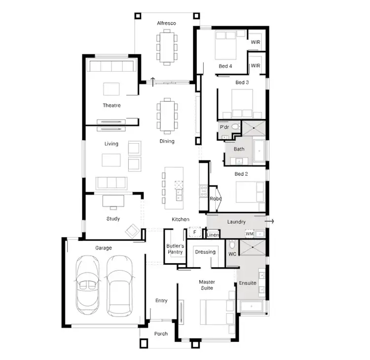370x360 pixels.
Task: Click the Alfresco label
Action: (166, 23)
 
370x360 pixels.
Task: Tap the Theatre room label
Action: (111, 105)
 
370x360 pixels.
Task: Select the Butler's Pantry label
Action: (175, 249)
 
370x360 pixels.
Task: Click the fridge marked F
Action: (195, 232)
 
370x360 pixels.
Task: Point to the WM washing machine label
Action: (249, 234)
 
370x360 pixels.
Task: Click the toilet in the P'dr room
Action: (235, 127)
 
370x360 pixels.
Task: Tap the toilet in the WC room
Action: (232, 244)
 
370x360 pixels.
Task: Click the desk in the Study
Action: (113, 200)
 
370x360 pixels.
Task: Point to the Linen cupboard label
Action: (212, 236)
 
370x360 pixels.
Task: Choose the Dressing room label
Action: (205, 252)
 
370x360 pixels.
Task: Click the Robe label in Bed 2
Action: (215, 199)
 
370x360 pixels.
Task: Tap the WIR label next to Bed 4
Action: (255, 42)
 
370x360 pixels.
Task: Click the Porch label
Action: (161, 334)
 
